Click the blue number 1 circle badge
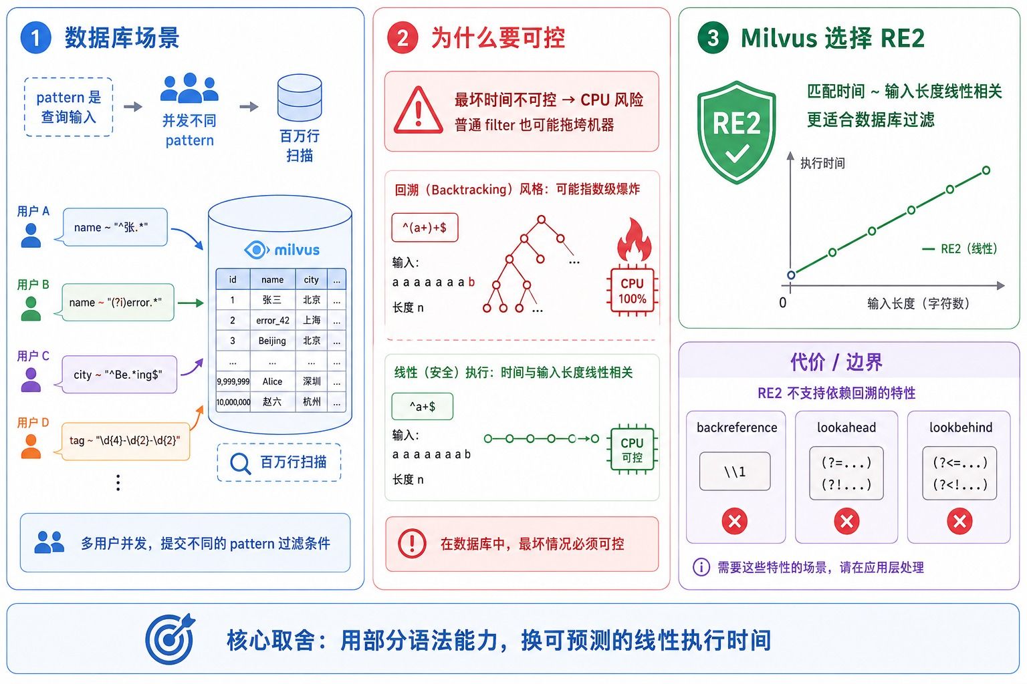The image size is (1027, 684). (x=35, y=37)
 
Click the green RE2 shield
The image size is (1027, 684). (x=736, y=132)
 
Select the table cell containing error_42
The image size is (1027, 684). (x=273, y=320)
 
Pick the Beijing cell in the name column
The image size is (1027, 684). (x=273, y=341)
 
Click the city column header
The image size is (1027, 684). (x=312, y=279)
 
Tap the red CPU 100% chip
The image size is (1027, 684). (x=633, y=291)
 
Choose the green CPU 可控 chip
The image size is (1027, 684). (x=633, y=450)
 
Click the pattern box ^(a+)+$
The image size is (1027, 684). (x=425, y=227)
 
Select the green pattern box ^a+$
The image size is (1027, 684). (x=423, y=406)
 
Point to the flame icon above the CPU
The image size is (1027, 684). (x=634, y=240)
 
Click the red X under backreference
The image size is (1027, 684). (x=735, y=521)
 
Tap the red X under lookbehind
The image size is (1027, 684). (x=959, y=521)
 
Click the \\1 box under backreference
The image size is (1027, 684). (x=735, y=472)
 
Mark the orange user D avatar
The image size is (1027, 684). (x=31, y=446)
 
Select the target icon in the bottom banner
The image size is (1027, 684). (x=170, y=639)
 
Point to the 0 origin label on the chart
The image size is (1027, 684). (x=783, y=303)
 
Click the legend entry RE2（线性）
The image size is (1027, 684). (x=960, y=248)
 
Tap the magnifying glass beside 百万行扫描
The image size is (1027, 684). (x=240, y=463)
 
